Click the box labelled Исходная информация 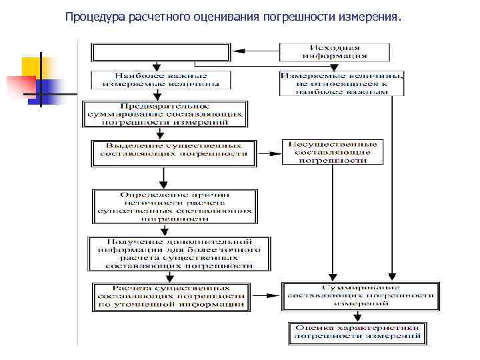[x=334, y=52]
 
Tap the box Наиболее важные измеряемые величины [x=161, y=80]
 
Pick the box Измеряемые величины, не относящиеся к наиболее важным [x=341, y=84]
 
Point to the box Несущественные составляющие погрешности [x=331, y=152]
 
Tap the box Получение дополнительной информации [x=179, y=253]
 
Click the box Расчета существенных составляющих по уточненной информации [x=173, y=297]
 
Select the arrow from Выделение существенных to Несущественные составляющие [x=269, y=153]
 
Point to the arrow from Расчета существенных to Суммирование [x=267, y=294]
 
